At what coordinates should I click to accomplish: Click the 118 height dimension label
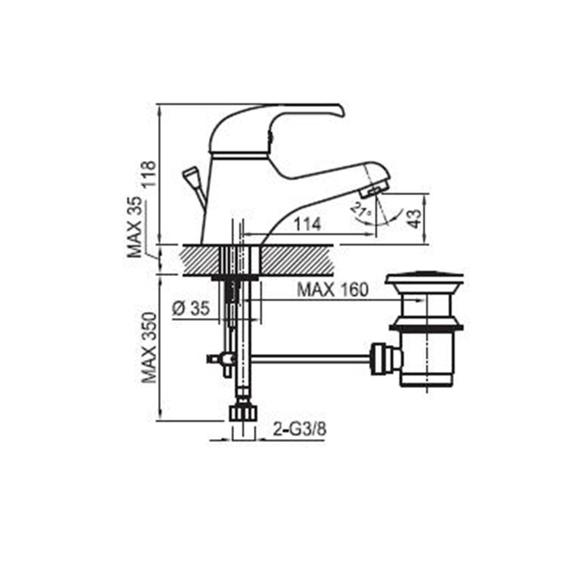149,174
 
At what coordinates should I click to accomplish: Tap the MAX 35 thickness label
134,227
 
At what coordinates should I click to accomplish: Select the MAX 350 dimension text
149,348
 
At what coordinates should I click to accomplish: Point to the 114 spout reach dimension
308,224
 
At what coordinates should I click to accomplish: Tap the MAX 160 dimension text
332,290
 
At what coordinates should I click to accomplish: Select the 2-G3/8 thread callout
300,429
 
